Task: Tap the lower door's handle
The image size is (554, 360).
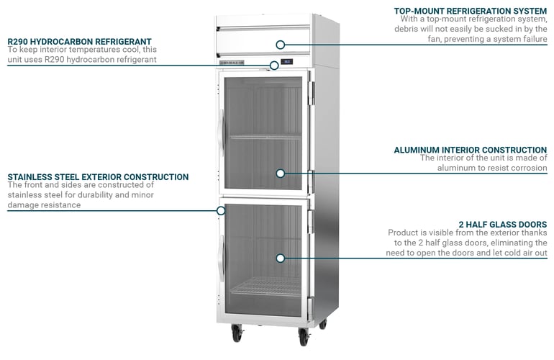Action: pos(221,256)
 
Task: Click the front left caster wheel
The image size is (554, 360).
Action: pos(237,335)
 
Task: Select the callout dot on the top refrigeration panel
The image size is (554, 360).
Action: pos(281,45)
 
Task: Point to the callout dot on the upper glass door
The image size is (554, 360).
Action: pos(281,173)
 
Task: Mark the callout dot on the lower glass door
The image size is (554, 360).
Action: pos(281,258)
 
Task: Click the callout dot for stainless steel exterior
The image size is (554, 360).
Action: pos(221,211)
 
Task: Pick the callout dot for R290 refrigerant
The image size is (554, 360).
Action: pos(274,66)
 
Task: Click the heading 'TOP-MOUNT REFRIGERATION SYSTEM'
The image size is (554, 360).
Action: pos(470,11)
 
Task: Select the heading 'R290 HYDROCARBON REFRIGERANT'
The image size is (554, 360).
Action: pos(79,42)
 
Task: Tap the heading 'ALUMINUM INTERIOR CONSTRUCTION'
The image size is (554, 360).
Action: pos(470,150)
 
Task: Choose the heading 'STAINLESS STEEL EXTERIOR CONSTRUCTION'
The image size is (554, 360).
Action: pos(98,176)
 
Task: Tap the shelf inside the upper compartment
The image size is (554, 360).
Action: pos(265,137)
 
